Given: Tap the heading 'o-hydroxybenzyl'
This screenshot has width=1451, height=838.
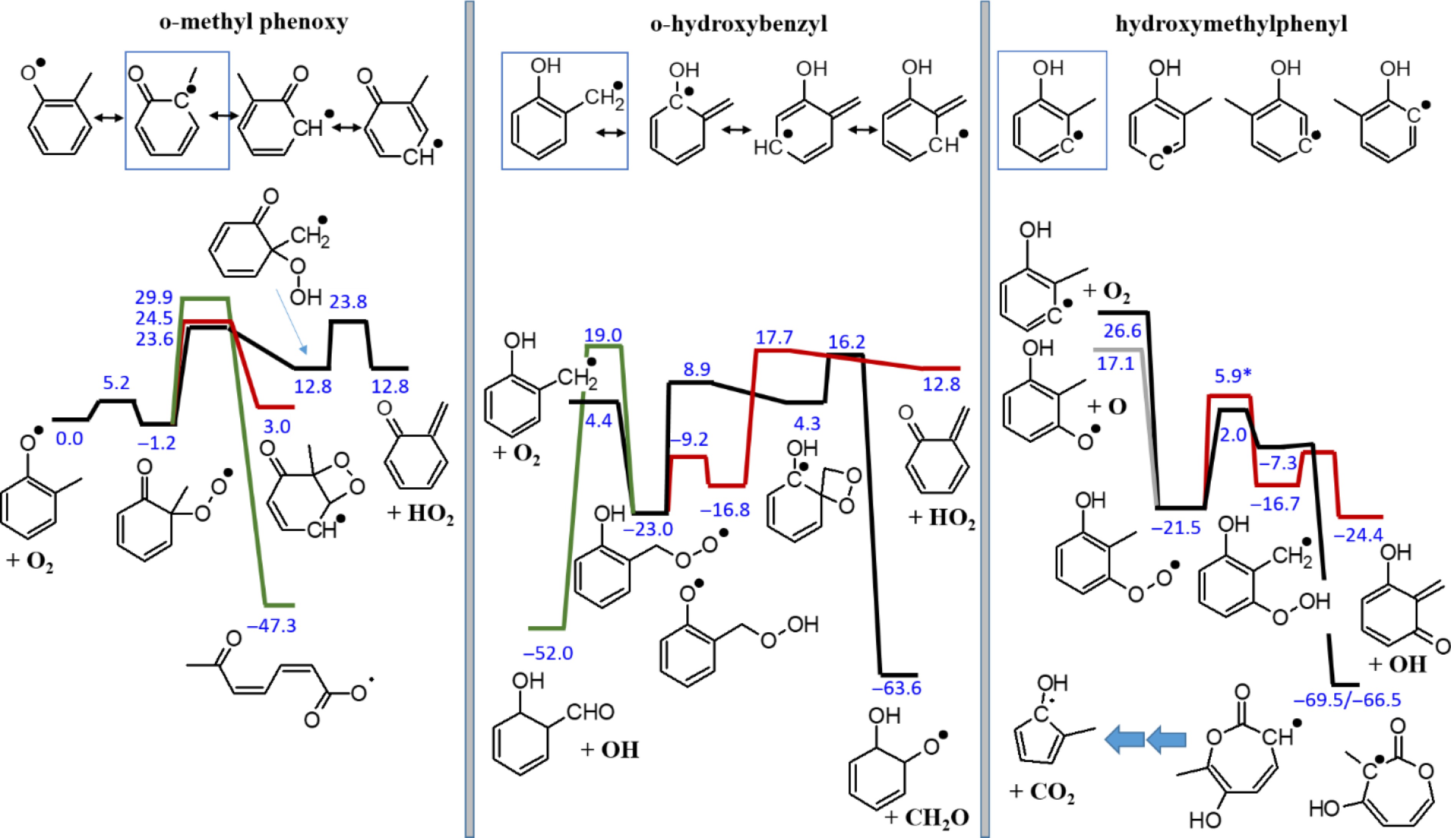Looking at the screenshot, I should pos(739,24).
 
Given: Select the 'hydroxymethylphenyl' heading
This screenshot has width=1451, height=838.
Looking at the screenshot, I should pos(1231,24).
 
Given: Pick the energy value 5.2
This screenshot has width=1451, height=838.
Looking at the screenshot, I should pos(116,383).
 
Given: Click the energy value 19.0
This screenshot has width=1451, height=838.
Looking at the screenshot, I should pos(603,335).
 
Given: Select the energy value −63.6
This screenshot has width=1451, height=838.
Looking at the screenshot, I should pos(897,688).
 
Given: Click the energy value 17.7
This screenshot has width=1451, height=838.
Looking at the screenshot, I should pos(774,337).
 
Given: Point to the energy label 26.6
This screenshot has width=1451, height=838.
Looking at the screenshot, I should pos(1122,331).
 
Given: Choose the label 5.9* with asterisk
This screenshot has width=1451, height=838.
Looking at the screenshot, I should pos(1233,376).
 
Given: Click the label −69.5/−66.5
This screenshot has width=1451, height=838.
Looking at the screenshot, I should pos(1347,701).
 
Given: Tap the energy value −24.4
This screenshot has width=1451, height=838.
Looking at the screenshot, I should pos(1358,535).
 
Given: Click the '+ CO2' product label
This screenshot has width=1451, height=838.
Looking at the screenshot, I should pos(1042,793).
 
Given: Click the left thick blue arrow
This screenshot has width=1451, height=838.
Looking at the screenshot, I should pos(1123,739).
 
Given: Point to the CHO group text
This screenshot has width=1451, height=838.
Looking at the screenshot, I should pos(590,713).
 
